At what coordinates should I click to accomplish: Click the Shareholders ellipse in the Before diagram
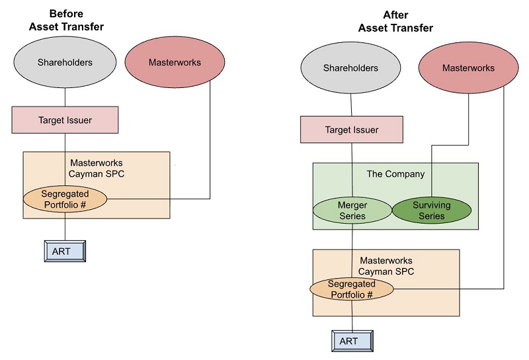65,64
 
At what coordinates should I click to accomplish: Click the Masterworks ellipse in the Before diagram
175,64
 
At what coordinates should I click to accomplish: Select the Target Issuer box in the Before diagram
65,120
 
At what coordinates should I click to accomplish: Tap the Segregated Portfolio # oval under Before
65,199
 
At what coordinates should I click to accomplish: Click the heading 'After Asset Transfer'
395,22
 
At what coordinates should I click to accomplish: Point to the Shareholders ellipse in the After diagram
350,69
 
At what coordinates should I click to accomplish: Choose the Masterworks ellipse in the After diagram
468,69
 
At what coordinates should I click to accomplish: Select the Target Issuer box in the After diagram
351,130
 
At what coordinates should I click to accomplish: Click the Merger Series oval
352,210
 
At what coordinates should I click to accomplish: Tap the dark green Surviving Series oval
432,210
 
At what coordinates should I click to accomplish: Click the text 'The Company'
395,174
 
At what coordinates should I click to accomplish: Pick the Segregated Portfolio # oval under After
352,289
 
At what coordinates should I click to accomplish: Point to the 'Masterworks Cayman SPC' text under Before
96,168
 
